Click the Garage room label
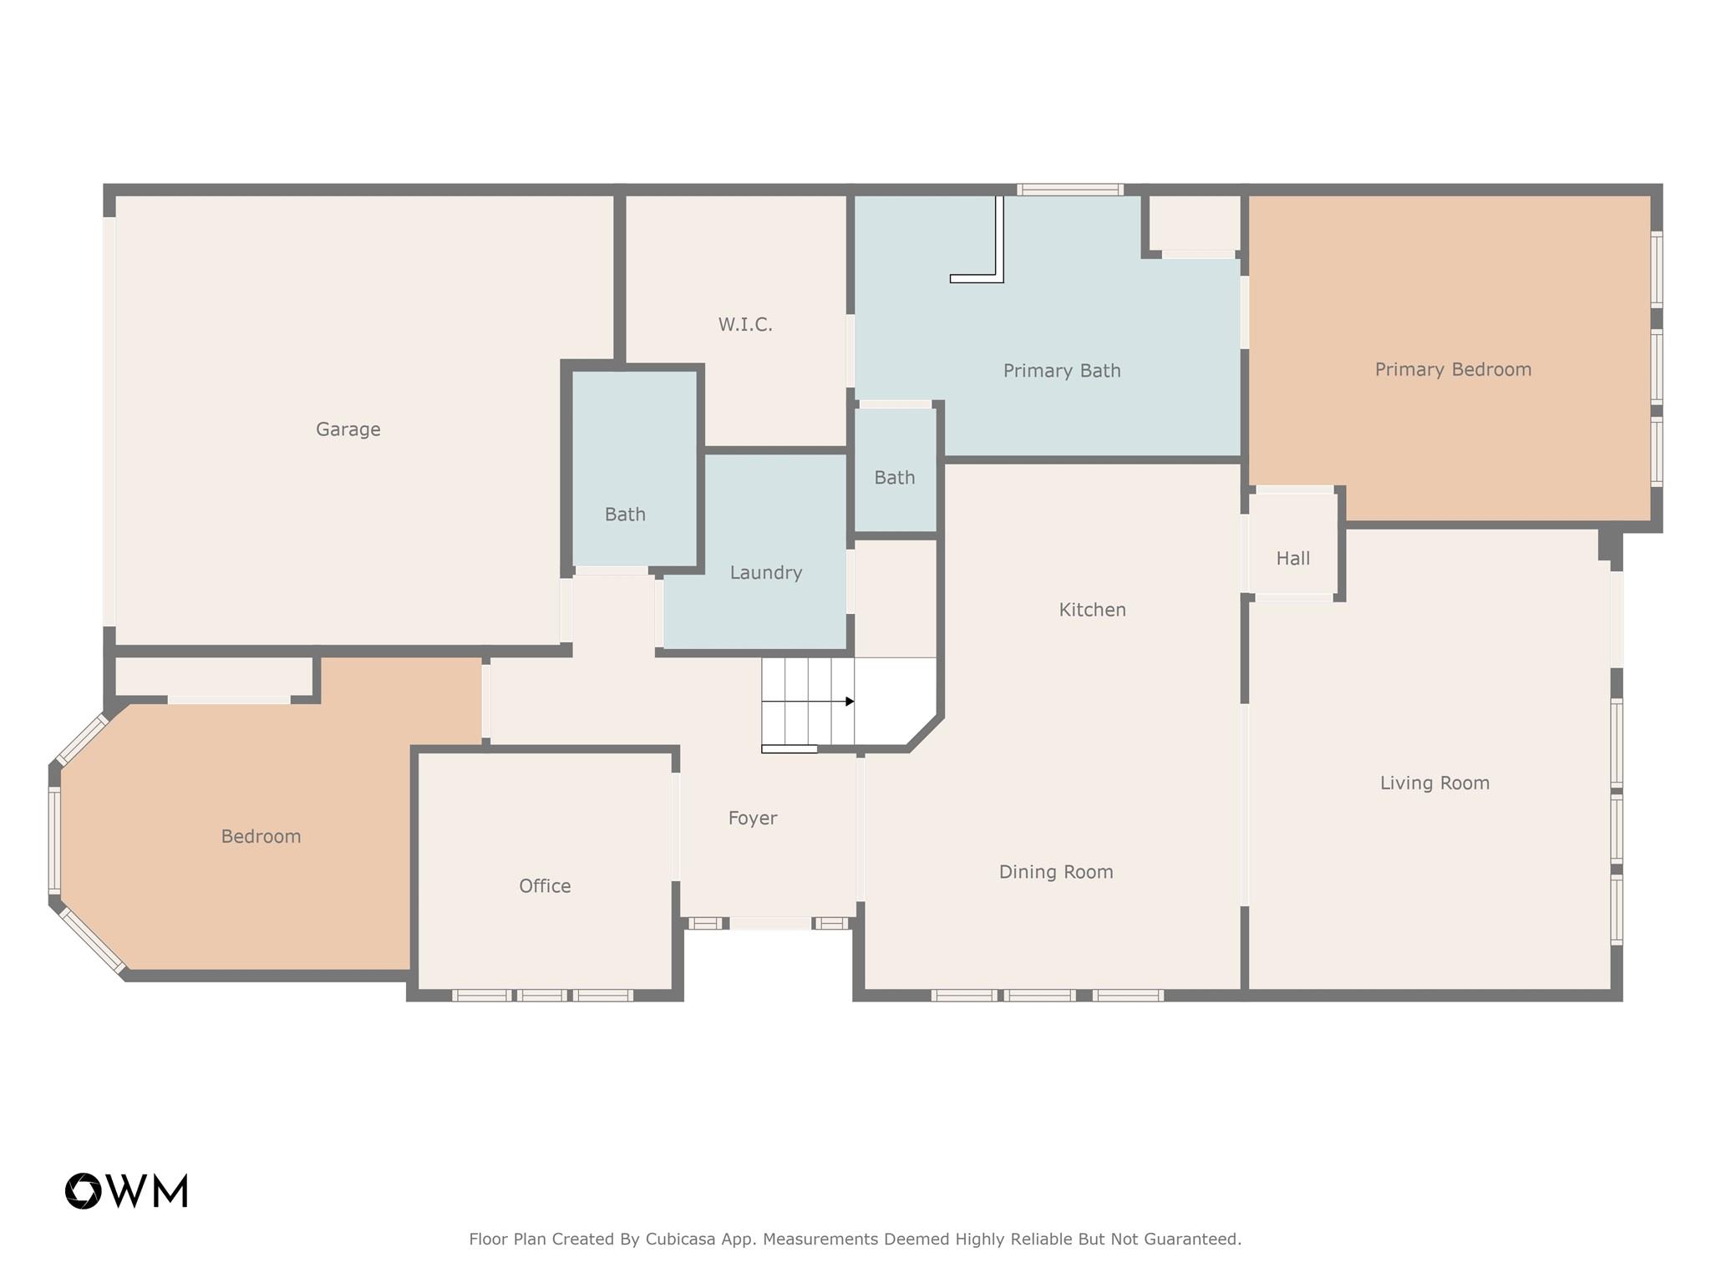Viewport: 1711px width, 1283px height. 348,429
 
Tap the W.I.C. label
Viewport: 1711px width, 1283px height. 745,324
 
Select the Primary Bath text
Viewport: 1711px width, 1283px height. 1062,371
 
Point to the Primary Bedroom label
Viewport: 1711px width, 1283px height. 1453,369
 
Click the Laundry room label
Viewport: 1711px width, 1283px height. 765,573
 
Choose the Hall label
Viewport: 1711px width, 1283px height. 1292,559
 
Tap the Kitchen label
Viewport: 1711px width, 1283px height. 1092,610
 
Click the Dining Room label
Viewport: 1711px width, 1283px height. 1056,872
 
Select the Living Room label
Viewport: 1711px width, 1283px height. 1434,783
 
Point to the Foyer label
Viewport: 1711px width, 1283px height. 752,819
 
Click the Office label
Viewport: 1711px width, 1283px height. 545,886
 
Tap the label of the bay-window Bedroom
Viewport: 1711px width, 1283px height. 261,836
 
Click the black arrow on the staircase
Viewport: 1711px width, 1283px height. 849,702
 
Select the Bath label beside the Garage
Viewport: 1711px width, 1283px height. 625,515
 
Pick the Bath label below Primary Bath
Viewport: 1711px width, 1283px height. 894,478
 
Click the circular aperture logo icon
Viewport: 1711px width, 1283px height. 84,1191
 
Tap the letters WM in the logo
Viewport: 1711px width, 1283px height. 149,1191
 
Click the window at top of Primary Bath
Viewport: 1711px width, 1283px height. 1069,190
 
